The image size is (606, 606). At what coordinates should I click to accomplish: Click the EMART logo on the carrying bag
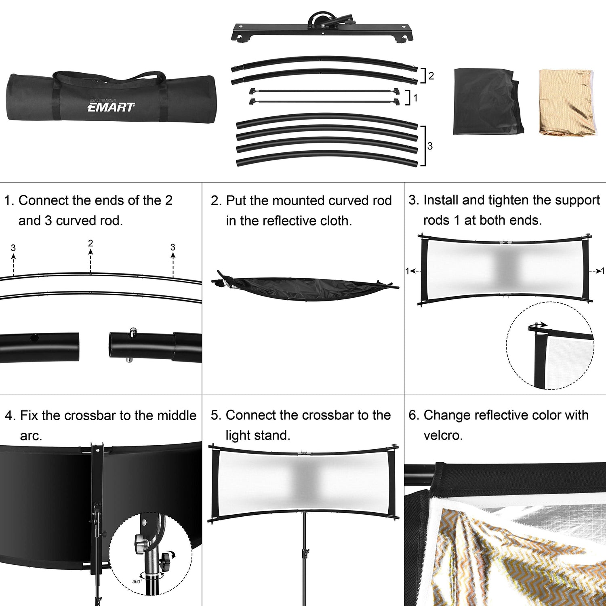(111, 107)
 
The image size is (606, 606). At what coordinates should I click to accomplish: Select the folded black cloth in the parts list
(488, 102)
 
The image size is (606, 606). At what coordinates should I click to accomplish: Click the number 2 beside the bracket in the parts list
(431, 76)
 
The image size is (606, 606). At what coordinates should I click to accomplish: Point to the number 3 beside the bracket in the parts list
(430, 146)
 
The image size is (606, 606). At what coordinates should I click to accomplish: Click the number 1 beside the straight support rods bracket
(415, 98)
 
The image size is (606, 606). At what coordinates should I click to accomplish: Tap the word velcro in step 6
(443, 435)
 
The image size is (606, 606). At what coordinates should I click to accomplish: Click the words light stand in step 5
(258, 435)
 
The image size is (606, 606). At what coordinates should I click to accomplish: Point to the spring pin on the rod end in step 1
(132, 334)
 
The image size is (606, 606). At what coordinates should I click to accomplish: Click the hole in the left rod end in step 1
(34, 337)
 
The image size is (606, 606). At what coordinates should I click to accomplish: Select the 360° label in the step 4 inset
(137, 581)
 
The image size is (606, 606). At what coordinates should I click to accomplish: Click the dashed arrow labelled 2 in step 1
(90, 261)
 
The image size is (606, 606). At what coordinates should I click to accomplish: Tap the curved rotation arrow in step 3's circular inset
(538, 326)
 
